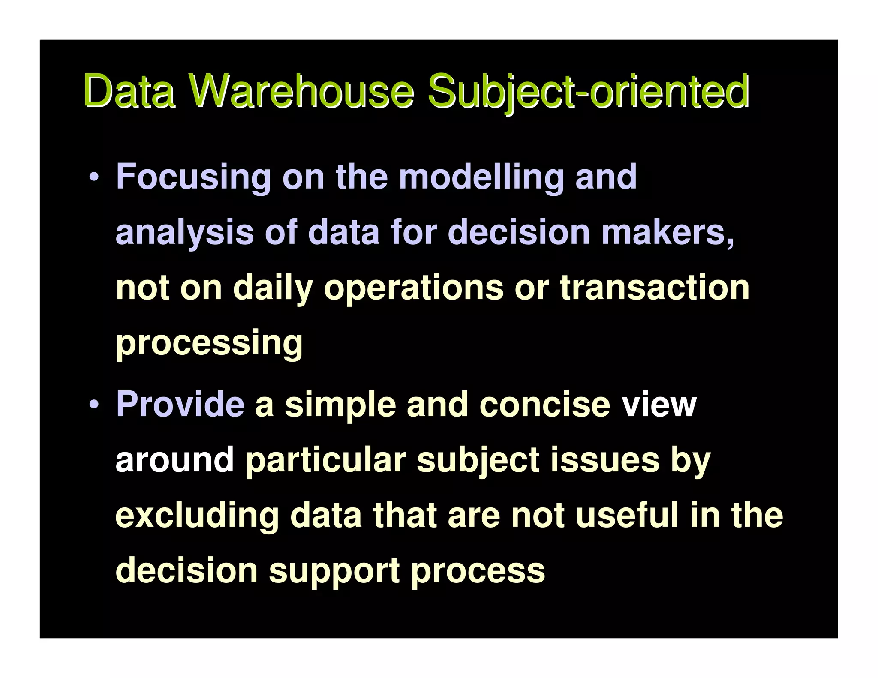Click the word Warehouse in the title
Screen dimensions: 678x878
302,91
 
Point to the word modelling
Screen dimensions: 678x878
481,177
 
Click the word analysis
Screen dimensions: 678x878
185,233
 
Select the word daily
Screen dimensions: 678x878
273,288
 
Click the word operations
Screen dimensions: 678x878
414,288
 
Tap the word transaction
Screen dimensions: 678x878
655,288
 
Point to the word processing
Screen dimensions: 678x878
209,343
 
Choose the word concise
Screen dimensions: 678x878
544,404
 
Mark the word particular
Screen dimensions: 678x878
325,460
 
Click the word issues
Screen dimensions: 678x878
605,460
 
